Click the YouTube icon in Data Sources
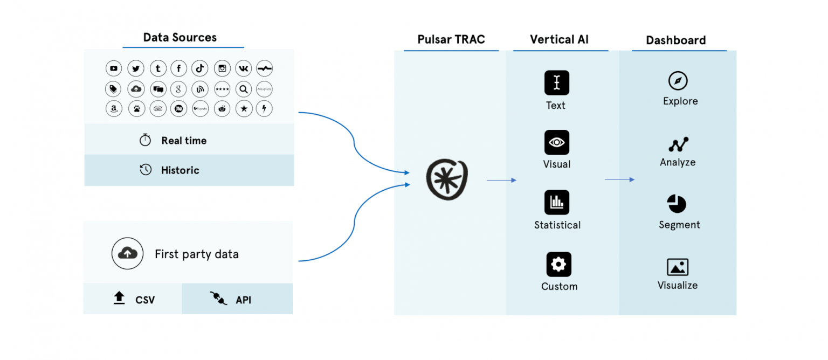point(114,68)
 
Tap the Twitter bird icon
point(136,68)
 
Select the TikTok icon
point(199,68)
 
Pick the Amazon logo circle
point(114,108)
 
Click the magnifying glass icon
point(244,89)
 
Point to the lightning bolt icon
point(264,108)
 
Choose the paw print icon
point(136,108)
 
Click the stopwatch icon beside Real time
point(146,140)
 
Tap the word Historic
point(180,170)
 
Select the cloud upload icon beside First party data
point(127,253)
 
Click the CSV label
point(145,300)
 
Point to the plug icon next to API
point(218,298)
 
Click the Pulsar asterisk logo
point(447,179)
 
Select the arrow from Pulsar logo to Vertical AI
point(501,180)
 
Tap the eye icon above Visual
point(557,142)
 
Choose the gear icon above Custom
point(558,265)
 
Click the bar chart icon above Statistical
point(557,203)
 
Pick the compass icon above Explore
point(678,81)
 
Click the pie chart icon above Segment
point(677,204)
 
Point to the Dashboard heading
point(675,40)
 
